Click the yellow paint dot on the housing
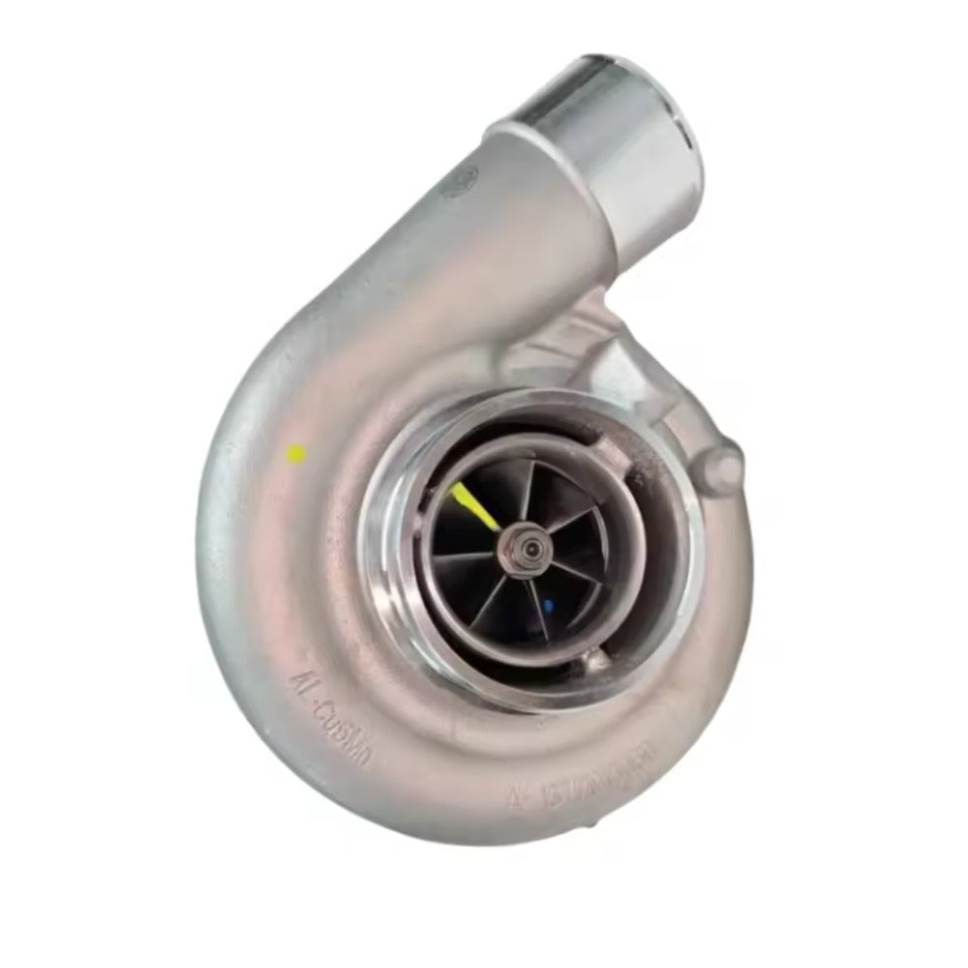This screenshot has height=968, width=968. tap(298, 452)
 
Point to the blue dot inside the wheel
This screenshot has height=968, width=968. tap(549, 607)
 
